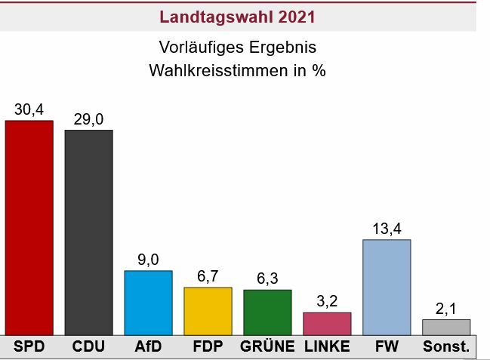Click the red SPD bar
(29, 226)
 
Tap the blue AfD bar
(148, 302)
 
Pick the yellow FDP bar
(208, 310)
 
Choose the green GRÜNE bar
(267, 312)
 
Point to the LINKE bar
(327, 323)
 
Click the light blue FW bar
(387, 287)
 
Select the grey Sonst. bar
(446, 327)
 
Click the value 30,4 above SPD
(29, 109)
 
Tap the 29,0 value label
(88, 119)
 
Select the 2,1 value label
(446, 309)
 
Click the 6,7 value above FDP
(208, 276)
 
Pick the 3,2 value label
(327, 301)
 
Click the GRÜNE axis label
(267, 347)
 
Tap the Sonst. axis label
(446, 347)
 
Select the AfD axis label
(148, 347)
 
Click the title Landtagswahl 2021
(238, 16)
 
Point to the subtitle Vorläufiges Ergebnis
(238, 47)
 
